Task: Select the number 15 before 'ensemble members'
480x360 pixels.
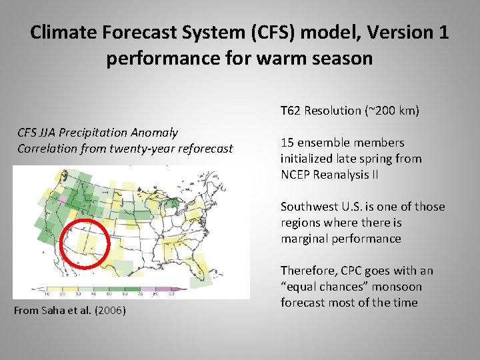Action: pyautogui.click(x=287, y=143)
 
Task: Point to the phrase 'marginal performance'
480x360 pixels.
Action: pyautogui.click(x=341, y=239)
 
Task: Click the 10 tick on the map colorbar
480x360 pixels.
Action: pyautogui.click(x=47, y=293)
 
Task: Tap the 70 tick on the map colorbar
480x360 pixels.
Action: pyautogui.click(x=141, y=293)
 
